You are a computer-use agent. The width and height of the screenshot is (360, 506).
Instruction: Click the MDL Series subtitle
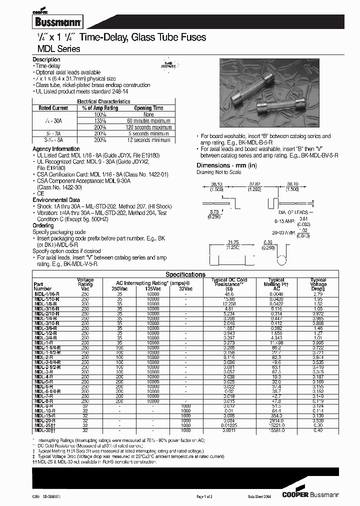[x=56, y=49]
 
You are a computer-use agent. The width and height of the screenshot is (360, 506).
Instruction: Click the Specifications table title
[x=185, y=274]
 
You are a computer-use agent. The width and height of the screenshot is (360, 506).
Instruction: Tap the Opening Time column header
[x=148, y=108]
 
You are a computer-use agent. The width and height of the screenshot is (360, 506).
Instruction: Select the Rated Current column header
[x=53, y=108]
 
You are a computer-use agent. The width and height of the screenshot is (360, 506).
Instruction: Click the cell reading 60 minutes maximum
[x=148, y=121]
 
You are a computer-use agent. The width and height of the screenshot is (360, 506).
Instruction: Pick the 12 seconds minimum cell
[x=148, y=140]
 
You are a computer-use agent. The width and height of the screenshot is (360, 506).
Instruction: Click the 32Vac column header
[x=185, y=288]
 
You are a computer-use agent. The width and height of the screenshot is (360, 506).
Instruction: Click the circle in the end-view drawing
[x=281, y=260]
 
